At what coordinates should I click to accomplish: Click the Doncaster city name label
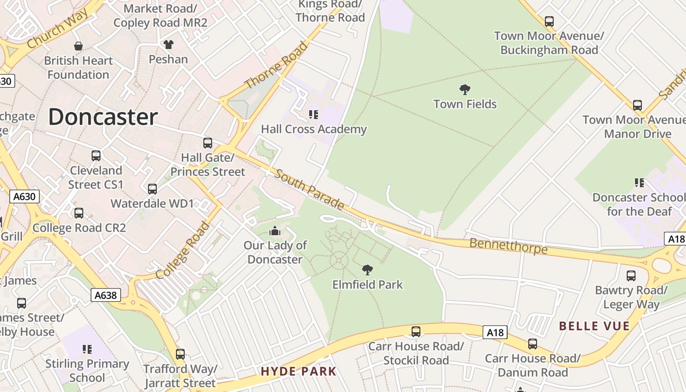click(103, 117)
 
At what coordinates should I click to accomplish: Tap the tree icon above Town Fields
click(465, 90)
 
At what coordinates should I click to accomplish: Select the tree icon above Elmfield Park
click(367, 269)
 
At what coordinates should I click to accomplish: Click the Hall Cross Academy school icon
click(314, 115)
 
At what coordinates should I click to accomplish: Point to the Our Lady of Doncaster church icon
click(275, 231)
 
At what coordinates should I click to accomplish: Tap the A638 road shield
click(106, 295)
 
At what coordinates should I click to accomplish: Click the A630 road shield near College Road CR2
click(24, 196)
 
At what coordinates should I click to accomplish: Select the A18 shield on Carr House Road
click(494, 333)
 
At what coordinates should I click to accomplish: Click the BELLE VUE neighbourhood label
click(594, 326)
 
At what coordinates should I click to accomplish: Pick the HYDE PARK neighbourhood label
click(298, 371)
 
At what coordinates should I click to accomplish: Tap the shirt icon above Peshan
click(168, 45)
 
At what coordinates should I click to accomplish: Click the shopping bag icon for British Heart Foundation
click(78, 46)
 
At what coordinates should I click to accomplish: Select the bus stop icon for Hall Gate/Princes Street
click(208, 143)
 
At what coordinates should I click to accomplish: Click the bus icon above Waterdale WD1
click(152, 189)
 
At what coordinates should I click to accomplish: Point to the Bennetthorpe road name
click(508, 246)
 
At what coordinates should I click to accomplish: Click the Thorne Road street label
click(277, 66)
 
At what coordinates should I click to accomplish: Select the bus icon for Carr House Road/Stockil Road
click(416, 332)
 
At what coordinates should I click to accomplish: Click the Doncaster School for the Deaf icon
click(639, 183)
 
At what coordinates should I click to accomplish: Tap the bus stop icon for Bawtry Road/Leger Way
click(631, 276)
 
